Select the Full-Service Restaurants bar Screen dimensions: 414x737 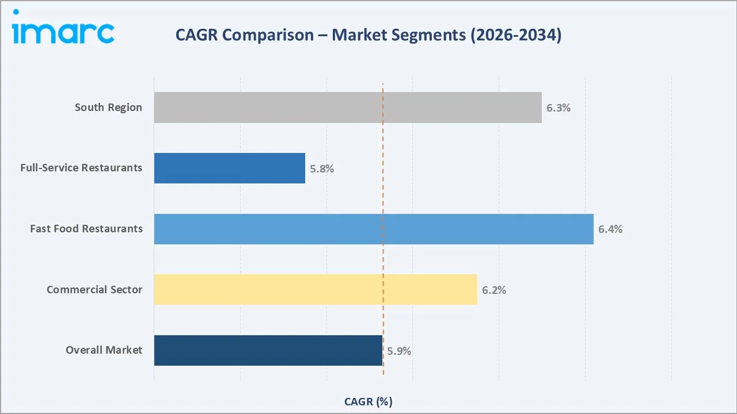tap(229, 168)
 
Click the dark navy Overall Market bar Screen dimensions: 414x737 tap(268, 350)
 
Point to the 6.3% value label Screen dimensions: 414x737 tap(559, 108)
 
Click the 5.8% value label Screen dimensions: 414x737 tap(322, 169)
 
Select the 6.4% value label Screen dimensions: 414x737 tap(610, 229)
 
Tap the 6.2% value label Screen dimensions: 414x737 tap(494, 290)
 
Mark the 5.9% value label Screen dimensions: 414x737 tap(399, 351)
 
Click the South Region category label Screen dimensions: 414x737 tap(108, 108)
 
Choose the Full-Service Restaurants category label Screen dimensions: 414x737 tap(81, 168)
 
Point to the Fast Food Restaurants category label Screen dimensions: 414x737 tap(86, 229)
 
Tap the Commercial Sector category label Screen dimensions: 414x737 tap(94, 289)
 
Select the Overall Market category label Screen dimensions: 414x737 tap(104, 350)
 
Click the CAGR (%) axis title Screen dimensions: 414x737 tap(368, 401)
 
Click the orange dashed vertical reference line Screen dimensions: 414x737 tap(383, 259)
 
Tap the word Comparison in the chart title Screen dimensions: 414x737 tap(267, 35)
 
